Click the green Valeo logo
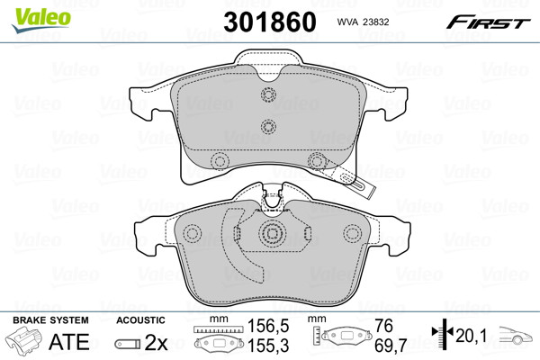coord(41,20)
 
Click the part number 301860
coord(270,22)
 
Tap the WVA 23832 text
coord(363,22)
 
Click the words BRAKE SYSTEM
coord(50,320)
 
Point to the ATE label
coord(69,342)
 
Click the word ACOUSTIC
coord(141,320)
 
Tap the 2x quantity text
coord(156,342)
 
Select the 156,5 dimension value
coord(268,326)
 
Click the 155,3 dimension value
coord(268,346)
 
